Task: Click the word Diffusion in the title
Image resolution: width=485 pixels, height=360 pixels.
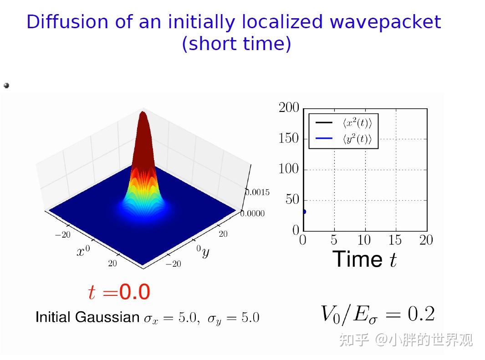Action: pyautogui.click(x=67, y=22)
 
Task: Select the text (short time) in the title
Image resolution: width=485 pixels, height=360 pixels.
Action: pyautogui.click(x=236, y=44)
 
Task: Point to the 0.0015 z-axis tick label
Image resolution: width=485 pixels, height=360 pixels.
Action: pyautogui.click(x=258, y=192)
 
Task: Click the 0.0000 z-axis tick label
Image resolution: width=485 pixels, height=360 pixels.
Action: pyautogui.click(x=252, y=213)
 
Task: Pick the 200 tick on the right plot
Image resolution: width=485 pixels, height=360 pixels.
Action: pyautogui.click(x=289, y=108)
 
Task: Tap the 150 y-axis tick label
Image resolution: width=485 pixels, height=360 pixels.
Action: pyautogui.click(x=289, y=138)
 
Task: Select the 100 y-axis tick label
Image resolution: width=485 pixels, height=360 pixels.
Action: pyautogui.click(x=289, y=169)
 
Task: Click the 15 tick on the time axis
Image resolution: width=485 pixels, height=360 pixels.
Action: pyautogui.click(x=395, y=240)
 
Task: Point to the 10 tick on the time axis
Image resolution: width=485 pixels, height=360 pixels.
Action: pyautogui.click(x=364, y=240)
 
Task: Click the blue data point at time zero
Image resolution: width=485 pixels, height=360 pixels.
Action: pyautogui.click(x=304, y=212)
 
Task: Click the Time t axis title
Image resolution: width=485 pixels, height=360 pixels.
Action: pyautogui.click(x=365, y=259)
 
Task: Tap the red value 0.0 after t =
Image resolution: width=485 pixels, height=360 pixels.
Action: pyautogui.click(x=134, y=292)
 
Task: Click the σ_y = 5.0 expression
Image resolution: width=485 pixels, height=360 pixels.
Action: pyautogui.click(x=233, y=318)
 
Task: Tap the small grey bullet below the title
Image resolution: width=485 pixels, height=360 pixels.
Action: pyautogui.click(x=6, y=85)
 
